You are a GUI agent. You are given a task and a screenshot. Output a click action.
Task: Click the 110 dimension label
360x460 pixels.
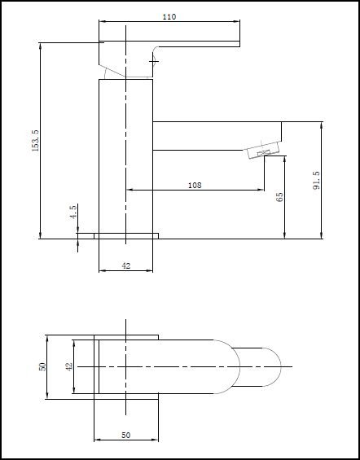[169, 16]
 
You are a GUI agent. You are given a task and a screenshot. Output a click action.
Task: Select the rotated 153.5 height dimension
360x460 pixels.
[35, 139]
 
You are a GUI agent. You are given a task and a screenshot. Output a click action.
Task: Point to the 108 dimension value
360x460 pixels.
[195, 186]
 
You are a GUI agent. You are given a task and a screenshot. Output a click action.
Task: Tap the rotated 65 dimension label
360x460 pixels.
[279, 197]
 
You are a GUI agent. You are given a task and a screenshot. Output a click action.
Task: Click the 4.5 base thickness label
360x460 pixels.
[73, 213]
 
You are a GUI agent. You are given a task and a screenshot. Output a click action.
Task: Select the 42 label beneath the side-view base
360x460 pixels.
[126, 265]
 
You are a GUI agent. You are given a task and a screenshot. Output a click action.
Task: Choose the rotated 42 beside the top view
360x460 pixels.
[69, 366]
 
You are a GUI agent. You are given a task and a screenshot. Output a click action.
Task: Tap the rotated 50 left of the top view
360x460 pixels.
[41, 366]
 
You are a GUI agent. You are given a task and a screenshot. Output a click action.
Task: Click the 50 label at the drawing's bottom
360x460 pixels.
[126, 436]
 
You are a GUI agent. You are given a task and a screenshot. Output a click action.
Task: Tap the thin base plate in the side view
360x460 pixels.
[126, 235]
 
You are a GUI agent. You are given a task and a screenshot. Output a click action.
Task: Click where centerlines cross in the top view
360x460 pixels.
[126, 367]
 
